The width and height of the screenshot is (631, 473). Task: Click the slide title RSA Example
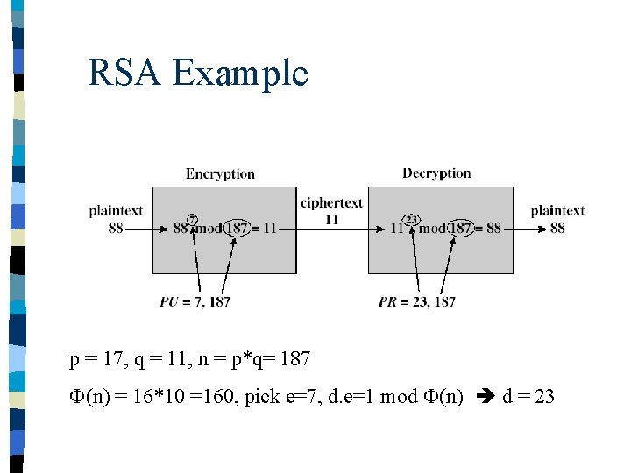coord(198,73)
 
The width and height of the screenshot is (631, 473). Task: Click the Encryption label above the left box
coord(220,174)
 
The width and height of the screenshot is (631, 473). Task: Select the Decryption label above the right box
coord(436,173)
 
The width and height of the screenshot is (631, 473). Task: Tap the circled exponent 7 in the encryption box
coord(192,218)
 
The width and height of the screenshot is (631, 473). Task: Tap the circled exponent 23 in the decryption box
coord(410,218)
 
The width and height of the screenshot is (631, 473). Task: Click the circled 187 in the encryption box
coord(235,229)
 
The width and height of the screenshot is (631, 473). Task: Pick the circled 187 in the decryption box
coord(460,229)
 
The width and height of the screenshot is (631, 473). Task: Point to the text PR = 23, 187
coord(417,301)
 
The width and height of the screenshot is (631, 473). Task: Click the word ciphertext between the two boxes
coord(331,203)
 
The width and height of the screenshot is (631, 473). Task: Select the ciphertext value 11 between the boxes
coord(331,219)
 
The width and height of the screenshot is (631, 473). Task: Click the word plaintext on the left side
coord(116,211)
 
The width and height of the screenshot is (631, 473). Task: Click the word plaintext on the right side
coord(557,211)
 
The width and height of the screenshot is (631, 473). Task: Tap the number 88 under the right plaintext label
coord(557,228)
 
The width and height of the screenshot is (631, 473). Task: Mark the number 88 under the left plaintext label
coord(116,228)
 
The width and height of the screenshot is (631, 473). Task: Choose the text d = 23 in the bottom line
coord(528,397)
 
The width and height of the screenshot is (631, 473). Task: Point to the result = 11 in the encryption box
coord(264,229)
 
